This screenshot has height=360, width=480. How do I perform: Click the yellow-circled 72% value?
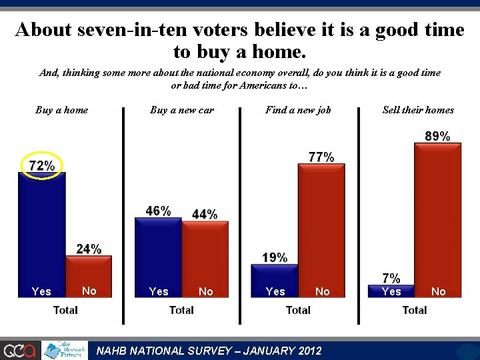coord(42,165)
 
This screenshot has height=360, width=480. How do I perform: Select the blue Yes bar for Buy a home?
coord(42,235)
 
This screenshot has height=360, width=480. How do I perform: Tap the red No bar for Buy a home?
coord(89,277)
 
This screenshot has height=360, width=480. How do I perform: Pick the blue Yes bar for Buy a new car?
coord(158,257)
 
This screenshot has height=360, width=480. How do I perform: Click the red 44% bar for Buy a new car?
coord(205,259)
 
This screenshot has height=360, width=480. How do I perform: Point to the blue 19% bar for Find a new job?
coord(275,281)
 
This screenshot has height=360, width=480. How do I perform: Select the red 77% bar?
coord(321,231)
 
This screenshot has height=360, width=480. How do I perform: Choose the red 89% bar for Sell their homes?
coord(438,220)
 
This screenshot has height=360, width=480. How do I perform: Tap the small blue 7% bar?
coord(391,291)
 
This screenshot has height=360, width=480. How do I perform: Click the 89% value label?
coord(437,136)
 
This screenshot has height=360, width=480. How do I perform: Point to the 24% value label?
coord(89,249)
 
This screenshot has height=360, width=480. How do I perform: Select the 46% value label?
coord(158,211)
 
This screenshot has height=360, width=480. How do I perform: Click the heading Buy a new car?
coord(182,110)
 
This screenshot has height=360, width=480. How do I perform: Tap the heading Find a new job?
coord(298,110)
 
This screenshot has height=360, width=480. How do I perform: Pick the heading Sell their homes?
coord(418,110)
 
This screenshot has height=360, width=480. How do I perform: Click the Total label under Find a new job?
coord(298,310)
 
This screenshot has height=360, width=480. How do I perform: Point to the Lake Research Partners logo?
coord(65,350)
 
